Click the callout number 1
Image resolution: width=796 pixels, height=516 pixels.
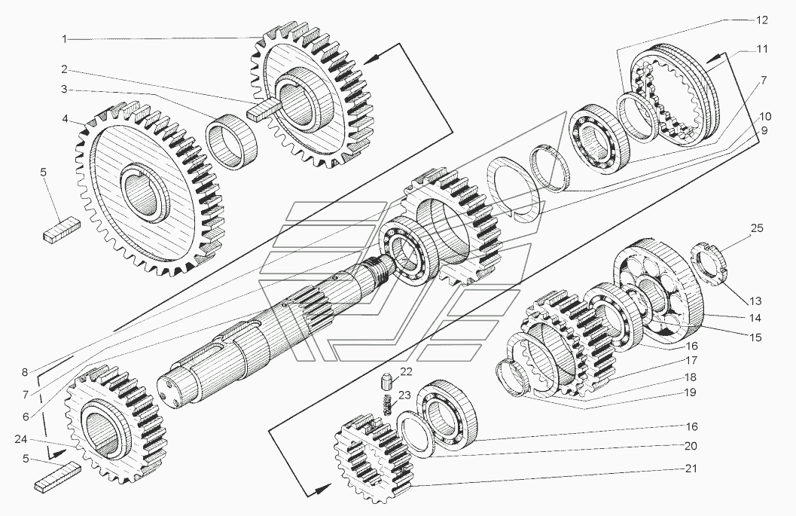pos(65,39)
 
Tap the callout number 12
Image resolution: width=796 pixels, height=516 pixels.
pos(762,20)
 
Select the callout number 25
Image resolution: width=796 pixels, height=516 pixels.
pos(756,228)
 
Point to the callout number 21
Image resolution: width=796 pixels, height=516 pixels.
pos(691,469)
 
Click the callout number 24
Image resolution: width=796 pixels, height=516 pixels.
pos(21,439)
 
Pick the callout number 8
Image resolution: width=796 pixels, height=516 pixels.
pos(24,372)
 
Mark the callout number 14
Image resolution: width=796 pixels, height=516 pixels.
pos(755,318)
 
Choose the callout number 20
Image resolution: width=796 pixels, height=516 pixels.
pos(691,446)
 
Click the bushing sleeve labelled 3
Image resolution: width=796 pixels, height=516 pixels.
pos(231,140)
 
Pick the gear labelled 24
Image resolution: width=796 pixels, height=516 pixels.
pos(116,423)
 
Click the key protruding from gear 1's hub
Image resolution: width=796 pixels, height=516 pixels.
pos(264,109)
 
